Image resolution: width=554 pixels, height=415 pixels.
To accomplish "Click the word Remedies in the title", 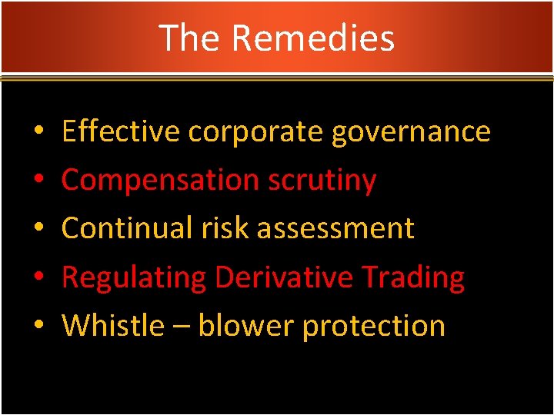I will (x=312, y=38).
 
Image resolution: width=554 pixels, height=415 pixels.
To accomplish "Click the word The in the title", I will (x=190, y=38).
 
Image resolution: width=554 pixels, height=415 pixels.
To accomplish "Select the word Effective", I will (x=121, y=131).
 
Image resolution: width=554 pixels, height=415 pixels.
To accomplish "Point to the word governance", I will (x=411, y=133).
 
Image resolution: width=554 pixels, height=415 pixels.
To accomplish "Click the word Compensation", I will (x=160, y=181).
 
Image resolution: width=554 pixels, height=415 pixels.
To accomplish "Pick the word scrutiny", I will (x=322, y=181).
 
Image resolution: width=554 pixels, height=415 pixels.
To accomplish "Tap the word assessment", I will (x=335, y=229).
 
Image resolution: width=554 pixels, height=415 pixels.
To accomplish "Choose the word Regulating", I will (x=134, y=277).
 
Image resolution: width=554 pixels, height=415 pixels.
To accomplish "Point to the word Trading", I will (x=419, y=277).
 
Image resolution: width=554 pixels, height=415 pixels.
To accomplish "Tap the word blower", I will (x=246, y=325).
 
